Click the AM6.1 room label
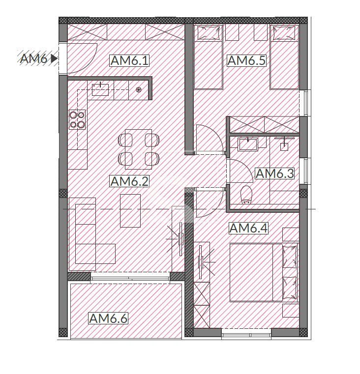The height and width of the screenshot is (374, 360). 130,60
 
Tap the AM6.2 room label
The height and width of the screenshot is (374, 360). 130,181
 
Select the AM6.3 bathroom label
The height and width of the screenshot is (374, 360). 275,173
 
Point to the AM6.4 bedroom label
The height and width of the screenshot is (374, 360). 248,228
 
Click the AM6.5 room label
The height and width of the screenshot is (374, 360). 246,60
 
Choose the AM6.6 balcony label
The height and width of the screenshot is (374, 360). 108,318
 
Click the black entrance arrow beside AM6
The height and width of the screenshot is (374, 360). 54,58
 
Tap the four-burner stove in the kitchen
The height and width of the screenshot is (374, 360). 77,119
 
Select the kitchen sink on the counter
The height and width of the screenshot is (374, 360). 100,89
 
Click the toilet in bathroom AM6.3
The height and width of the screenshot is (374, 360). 246,195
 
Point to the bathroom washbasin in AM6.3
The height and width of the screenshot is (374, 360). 248,144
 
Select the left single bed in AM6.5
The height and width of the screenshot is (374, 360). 209,57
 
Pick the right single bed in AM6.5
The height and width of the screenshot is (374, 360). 284,57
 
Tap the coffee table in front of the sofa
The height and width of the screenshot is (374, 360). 130,211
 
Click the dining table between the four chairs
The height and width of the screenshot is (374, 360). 139,149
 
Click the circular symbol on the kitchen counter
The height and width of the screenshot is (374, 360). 139,90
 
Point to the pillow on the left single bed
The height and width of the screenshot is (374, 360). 209,33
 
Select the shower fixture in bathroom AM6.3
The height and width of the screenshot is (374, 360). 284,144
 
